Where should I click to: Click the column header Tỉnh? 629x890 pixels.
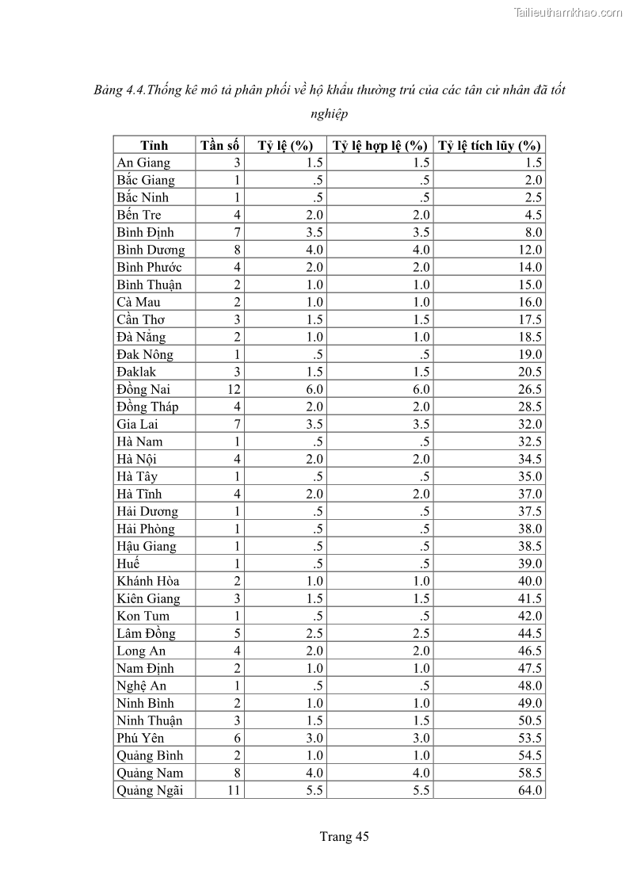154,145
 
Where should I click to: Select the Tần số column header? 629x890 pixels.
219,145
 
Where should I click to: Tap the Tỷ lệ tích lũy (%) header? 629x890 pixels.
490,145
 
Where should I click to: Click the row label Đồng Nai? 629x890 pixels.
143,389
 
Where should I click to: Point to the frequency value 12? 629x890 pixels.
234,389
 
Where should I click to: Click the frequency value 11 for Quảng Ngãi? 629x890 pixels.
234,790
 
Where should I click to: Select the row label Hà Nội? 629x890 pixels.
136,459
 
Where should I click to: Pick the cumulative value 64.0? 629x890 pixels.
528,790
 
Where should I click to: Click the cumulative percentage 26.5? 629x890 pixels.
528,389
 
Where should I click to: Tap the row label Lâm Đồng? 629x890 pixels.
146,633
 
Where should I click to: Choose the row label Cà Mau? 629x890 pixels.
139,302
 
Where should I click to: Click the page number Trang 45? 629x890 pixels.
345,836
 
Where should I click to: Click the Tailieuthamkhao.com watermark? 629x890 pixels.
568,12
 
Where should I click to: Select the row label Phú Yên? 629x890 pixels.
140,738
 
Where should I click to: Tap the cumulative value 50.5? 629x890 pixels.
528,720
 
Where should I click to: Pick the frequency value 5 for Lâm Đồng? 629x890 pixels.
237,633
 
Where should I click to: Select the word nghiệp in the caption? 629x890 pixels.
330,115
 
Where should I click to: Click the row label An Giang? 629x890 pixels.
143,162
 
